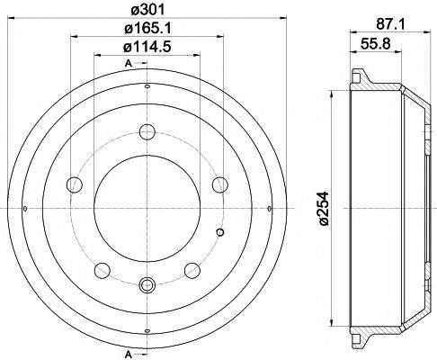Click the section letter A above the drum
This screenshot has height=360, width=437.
pos(129,62)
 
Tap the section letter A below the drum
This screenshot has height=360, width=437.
pos(129,350)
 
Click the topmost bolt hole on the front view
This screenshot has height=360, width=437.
pos(146,131)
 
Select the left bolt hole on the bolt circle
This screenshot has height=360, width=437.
pos(73,184)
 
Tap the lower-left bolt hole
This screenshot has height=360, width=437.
pos(101,269)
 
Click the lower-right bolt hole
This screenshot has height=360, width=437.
pos(191,269)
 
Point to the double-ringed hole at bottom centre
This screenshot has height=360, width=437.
pos(146,287)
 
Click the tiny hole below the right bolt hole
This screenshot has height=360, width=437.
pos(221,234)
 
